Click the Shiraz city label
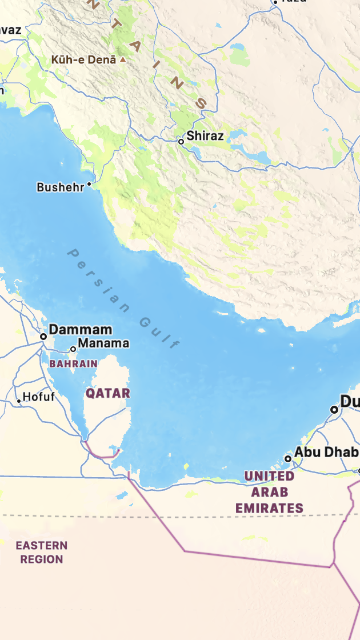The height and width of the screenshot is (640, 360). click(x=205, y=136)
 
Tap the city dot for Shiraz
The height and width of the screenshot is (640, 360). click(x=181, y=141)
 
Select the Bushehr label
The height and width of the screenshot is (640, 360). click(x=60, y=187)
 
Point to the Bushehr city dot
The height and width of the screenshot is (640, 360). click(x=89, y=185)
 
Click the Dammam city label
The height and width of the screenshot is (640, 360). click(x=81, y=330)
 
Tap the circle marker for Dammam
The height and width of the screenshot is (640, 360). click(x=43, y=337)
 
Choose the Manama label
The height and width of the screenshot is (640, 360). click(x=103, y=343)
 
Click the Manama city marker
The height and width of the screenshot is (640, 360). click(x=73, y=349)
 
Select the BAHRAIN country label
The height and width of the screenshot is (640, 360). click(x=73, y=363)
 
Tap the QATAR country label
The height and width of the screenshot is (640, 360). click(x=108, y=393)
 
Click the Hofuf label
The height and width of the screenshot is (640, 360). click(x=39, y=397)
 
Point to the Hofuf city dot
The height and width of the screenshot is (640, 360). click(x=19, y=401)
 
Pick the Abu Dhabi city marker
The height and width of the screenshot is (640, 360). click(x=288, y=458)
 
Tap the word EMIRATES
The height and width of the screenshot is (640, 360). click(x=269, y=507)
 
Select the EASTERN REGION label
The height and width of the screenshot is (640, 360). click(x=42, y=553)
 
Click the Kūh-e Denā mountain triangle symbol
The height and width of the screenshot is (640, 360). click(x=122, y=59)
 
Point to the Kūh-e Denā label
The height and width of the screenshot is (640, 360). click(x=83, y=59)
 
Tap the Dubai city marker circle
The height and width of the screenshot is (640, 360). click(x=334, y=409)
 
